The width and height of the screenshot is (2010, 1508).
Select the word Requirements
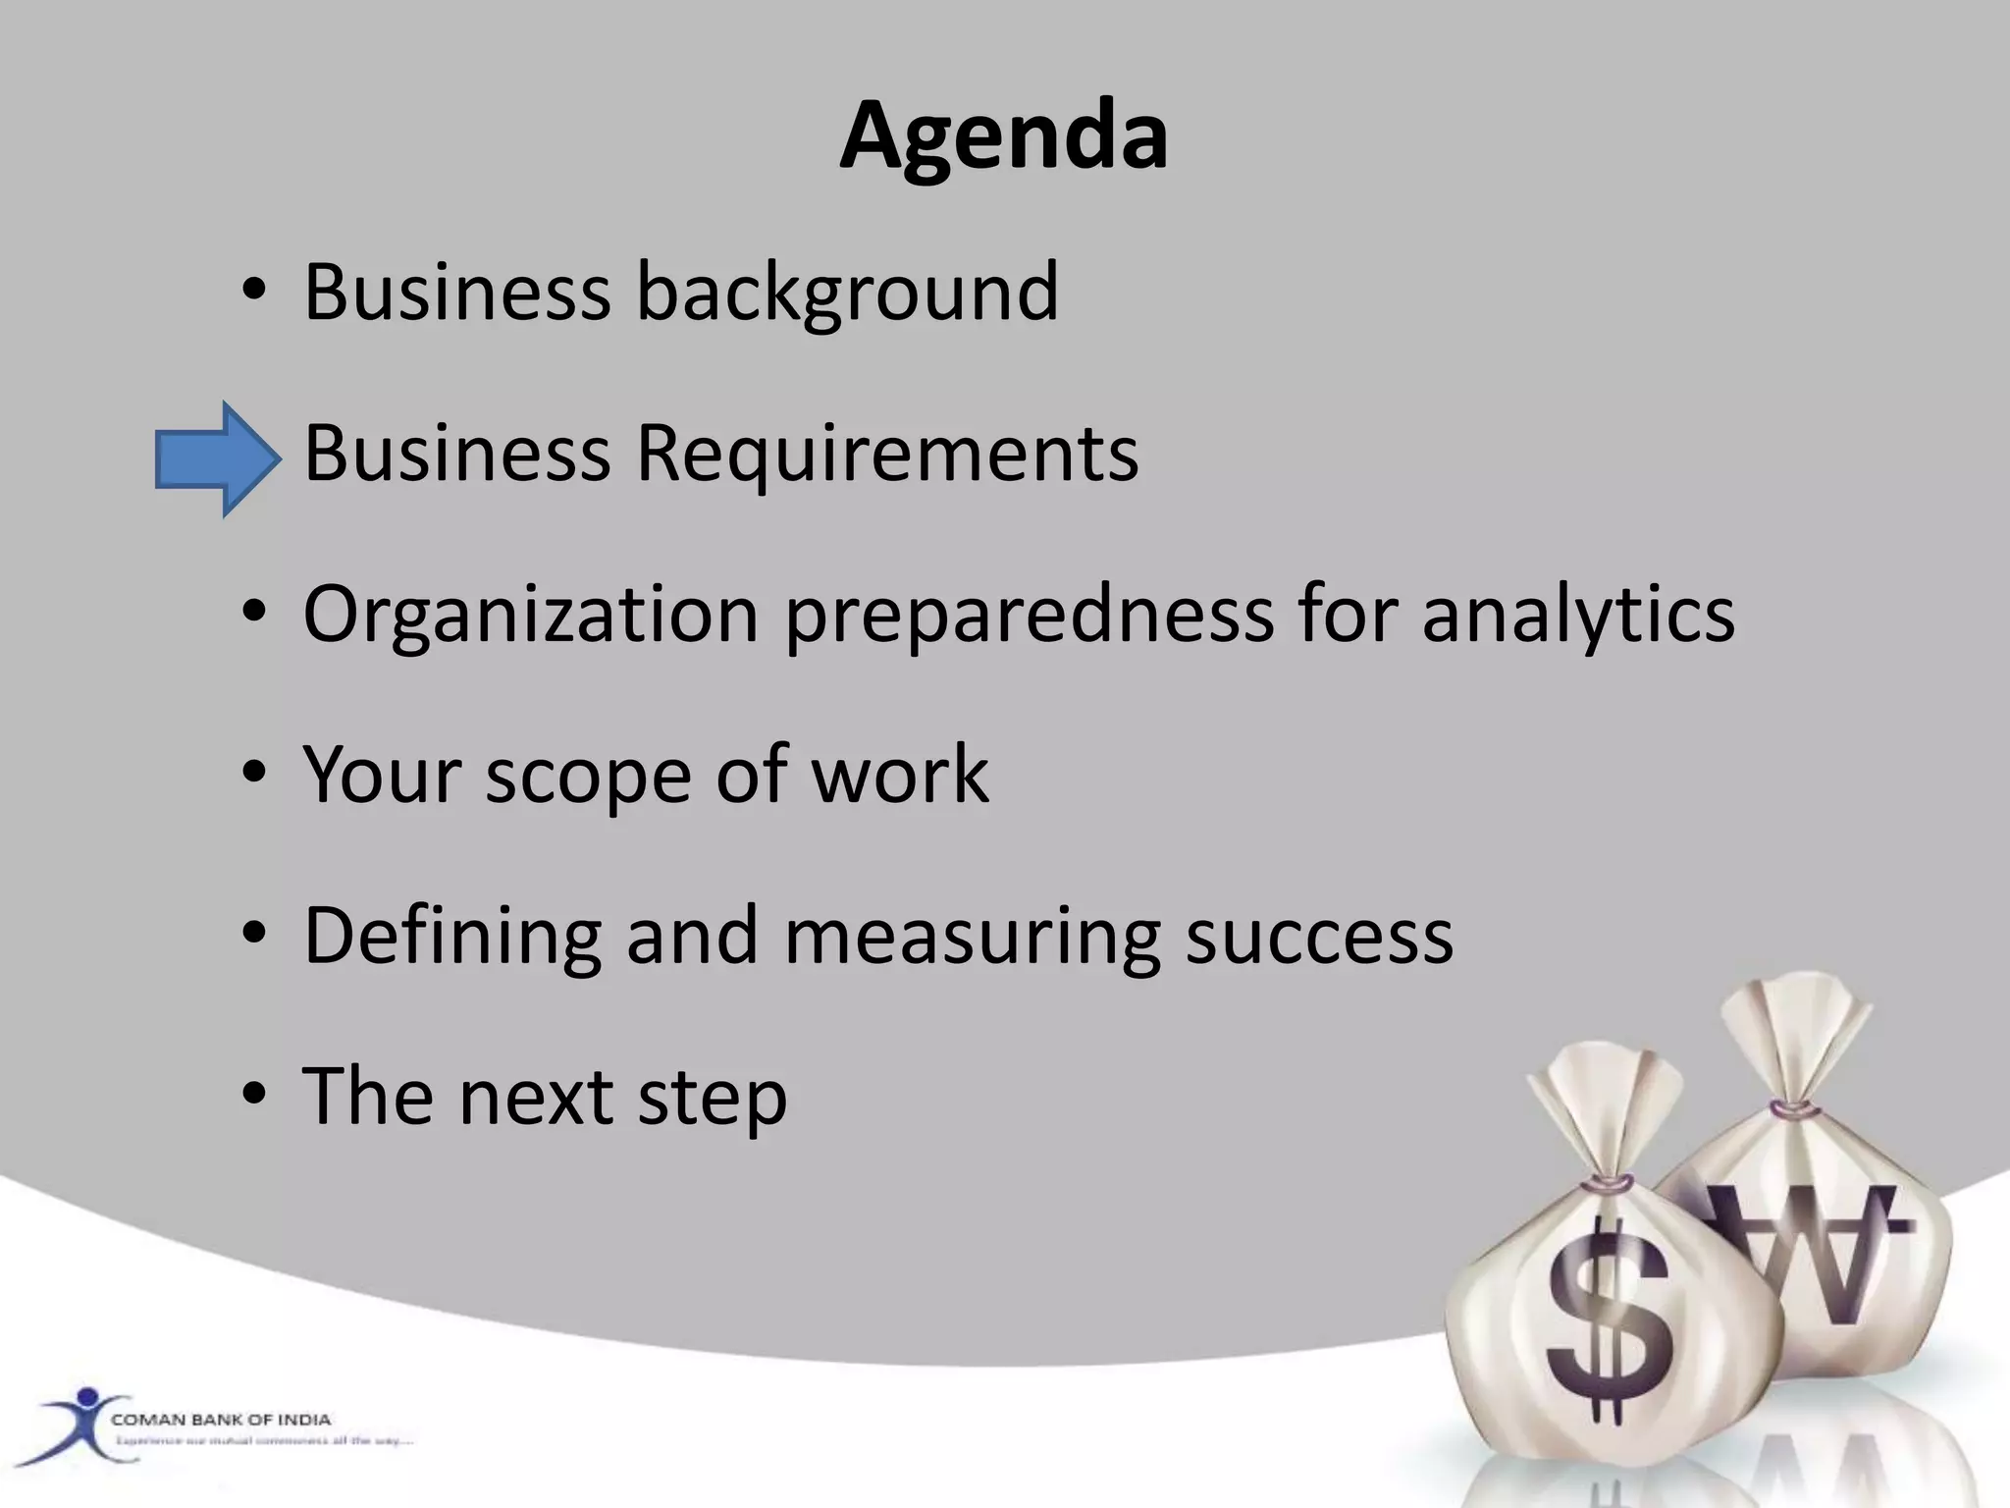[x=887, y=454]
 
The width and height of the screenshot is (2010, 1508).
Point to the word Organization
[x=531, y=614]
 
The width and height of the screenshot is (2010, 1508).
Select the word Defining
[x=452, y=937]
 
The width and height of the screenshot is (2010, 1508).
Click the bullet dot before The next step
[x=254, y=1094]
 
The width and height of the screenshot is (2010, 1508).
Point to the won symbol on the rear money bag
[x=1816, y=1257]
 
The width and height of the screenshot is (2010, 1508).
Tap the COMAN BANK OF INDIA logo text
[x=221, y=1420]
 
